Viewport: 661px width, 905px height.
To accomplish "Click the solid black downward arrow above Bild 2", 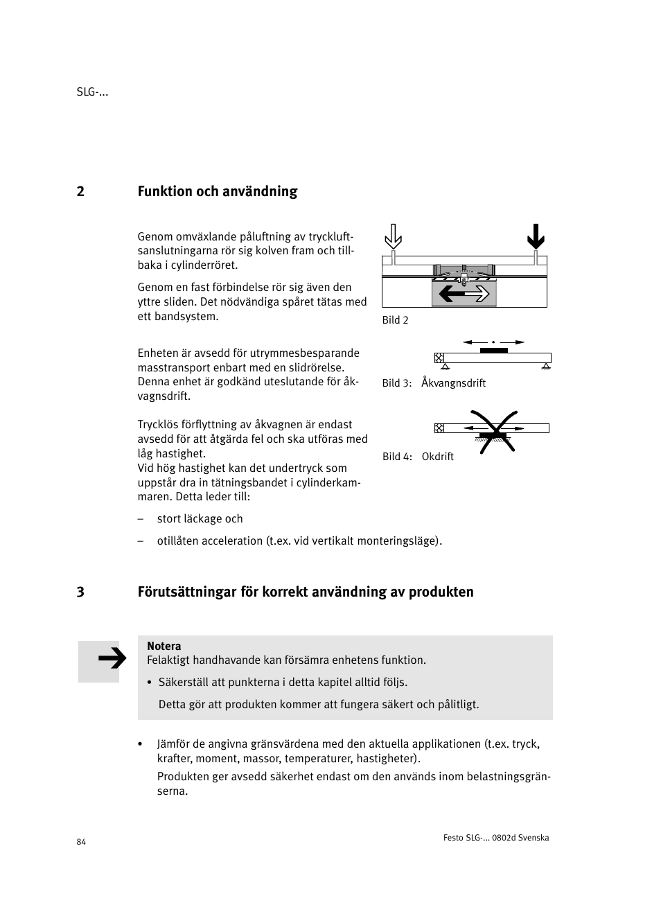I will pos(536,236).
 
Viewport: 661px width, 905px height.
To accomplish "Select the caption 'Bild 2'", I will pos(396,320).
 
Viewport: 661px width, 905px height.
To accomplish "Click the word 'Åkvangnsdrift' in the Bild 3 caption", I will pos(453,383).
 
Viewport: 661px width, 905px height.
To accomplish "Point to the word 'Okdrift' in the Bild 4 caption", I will pos(437,457).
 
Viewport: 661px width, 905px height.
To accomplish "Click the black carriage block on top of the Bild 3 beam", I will pos(493,351).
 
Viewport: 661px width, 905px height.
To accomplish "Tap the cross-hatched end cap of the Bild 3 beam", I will pos(439,358).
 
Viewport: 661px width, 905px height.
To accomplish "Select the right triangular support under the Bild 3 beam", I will pos(546,365).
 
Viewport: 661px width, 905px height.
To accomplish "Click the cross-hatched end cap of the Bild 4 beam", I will pos(439,428).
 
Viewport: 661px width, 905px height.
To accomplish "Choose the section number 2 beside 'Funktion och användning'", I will pos(80,191).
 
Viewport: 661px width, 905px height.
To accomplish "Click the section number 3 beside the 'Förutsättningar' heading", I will pos(80,592).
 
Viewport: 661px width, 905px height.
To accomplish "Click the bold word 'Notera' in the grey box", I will pos(164,646).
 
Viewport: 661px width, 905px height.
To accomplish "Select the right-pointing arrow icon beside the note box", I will pos(111,659).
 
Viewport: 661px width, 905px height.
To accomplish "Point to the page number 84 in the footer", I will pos(81,842).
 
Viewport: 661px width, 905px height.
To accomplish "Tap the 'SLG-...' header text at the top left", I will pos(92,92).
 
